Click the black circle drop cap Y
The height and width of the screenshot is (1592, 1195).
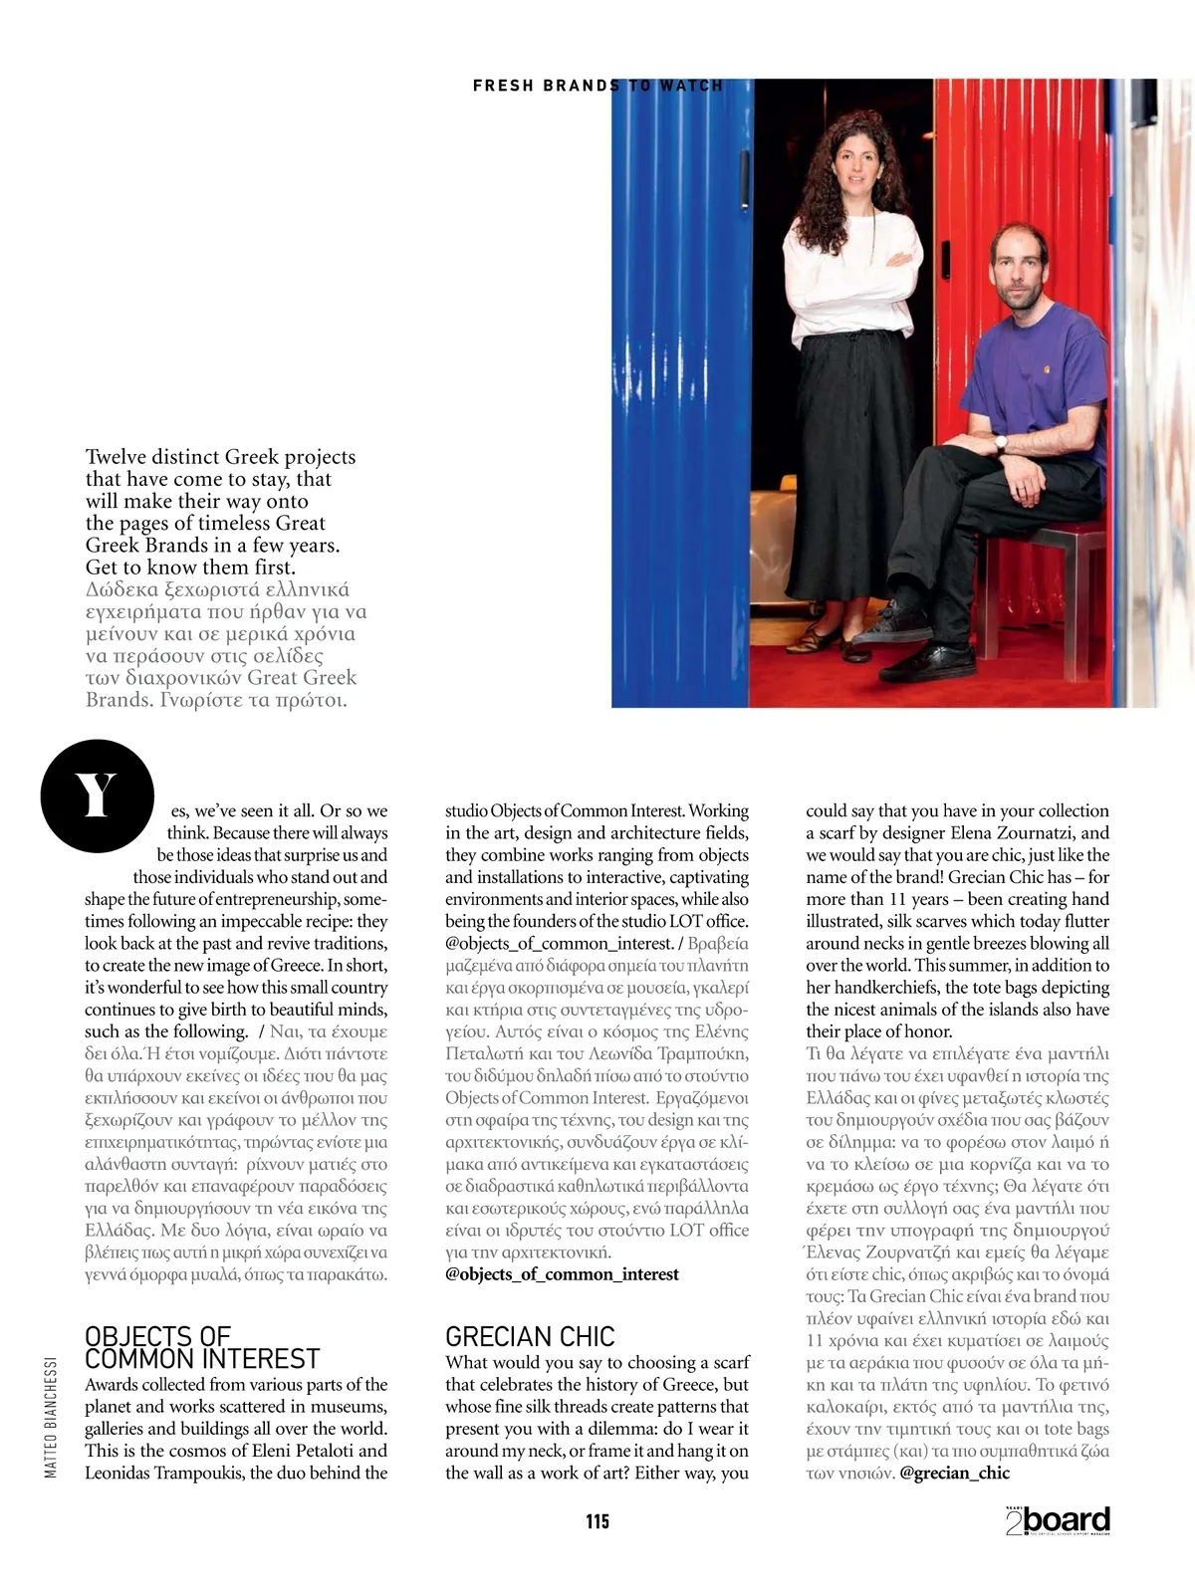[x=97, y=796]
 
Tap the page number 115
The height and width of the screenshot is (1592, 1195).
[x=597, y=1520]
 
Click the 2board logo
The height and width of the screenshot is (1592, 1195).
[x=1058, y=1520]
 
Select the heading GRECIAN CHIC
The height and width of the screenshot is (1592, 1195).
[x=530, y=1336]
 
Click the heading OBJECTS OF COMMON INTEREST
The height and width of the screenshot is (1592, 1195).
[x=201, y=1347]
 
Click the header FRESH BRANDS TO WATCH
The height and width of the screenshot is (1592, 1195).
[x=597, y=86]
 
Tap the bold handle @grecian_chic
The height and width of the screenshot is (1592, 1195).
[x=954, y=1473]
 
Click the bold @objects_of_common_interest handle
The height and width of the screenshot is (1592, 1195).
[x=562, y=1274]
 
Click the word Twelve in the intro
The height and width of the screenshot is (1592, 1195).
[x=117, y=457]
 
